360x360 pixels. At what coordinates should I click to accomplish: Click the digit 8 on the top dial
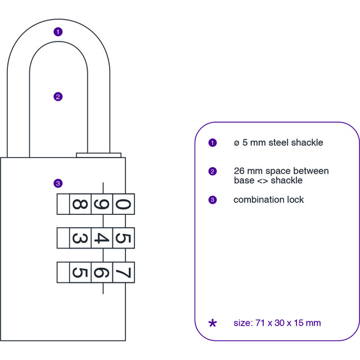pyautogui.click(x=80, y=204)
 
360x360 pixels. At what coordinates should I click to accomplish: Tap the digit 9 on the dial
pyautogui.click(x=102, y=204)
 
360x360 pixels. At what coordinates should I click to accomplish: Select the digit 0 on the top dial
pyautogui.click(x=123, y=204)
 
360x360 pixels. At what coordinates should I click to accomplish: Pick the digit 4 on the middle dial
pyautogui.click(x=102, y=238)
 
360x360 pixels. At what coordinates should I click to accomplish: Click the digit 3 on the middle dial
pyautogui.click(x=80, y=238)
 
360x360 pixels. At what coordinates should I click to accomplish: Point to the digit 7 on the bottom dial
pyautogui.click(x=123, y=272)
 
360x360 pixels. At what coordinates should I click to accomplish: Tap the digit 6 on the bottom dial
pyautogui.click(x=102, y=272)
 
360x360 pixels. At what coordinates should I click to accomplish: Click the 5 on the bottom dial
pyautogui.click(x=80, y=272)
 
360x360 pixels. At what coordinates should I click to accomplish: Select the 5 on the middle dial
pyautogui.click(x=123, y=238)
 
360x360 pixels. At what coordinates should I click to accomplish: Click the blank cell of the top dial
pyautogui.click(x=63, y=204)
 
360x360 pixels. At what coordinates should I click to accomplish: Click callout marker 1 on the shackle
pyautogui.click(x=58, y=31)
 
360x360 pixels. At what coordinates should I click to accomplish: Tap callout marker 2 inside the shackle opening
pyautogui.click(x=58, y=97)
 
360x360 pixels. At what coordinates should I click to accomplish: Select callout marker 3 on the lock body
pyautogui.click(x=58, y=183)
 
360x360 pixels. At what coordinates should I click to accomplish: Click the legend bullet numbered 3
pyautogui.click(x=213, y=200)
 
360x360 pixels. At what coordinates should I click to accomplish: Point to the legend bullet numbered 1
pyautogui.click(x=213, y=143)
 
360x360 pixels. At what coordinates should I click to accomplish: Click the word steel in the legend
pyautogui.click(x=278, y=142)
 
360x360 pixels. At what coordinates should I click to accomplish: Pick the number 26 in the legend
pyautogui.click(x=239, y=171)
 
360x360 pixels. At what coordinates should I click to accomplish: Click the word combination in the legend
pyautogui.click(x=259, y=200)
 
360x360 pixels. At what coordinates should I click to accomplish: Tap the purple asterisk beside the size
pyautogui.click(x=213, y=323)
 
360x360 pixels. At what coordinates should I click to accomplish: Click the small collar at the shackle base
pyautogui.click(x=99, y=155)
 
